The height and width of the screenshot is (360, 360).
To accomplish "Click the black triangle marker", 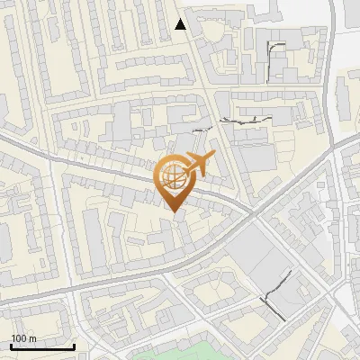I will (181, 24).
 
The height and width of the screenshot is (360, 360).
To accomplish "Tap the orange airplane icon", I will (199, 165).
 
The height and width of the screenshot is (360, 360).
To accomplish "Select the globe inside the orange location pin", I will (173, 177).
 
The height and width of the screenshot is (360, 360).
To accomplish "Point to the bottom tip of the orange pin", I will (173, 211).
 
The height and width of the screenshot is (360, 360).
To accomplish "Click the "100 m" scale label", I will (23, 338).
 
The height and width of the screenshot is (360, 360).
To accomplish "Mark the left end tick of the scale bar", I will (11, 346).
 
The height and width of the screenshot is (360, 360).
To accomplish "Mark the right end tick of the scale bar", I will (74, 346).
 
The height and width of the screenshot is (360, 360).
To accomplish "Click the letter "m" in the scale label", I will (32, 338).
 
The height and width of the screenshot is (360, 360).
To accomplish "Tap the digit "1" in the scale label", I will (13, 338).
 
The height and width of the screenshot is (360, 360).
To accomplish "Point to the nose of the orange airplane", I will (215, 157).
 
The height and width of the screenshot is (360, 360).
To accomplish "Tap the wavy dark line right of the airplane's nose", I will (243, 120).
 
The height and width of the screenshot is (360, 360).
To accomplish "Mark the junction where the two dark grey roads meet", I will (252, 213).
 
